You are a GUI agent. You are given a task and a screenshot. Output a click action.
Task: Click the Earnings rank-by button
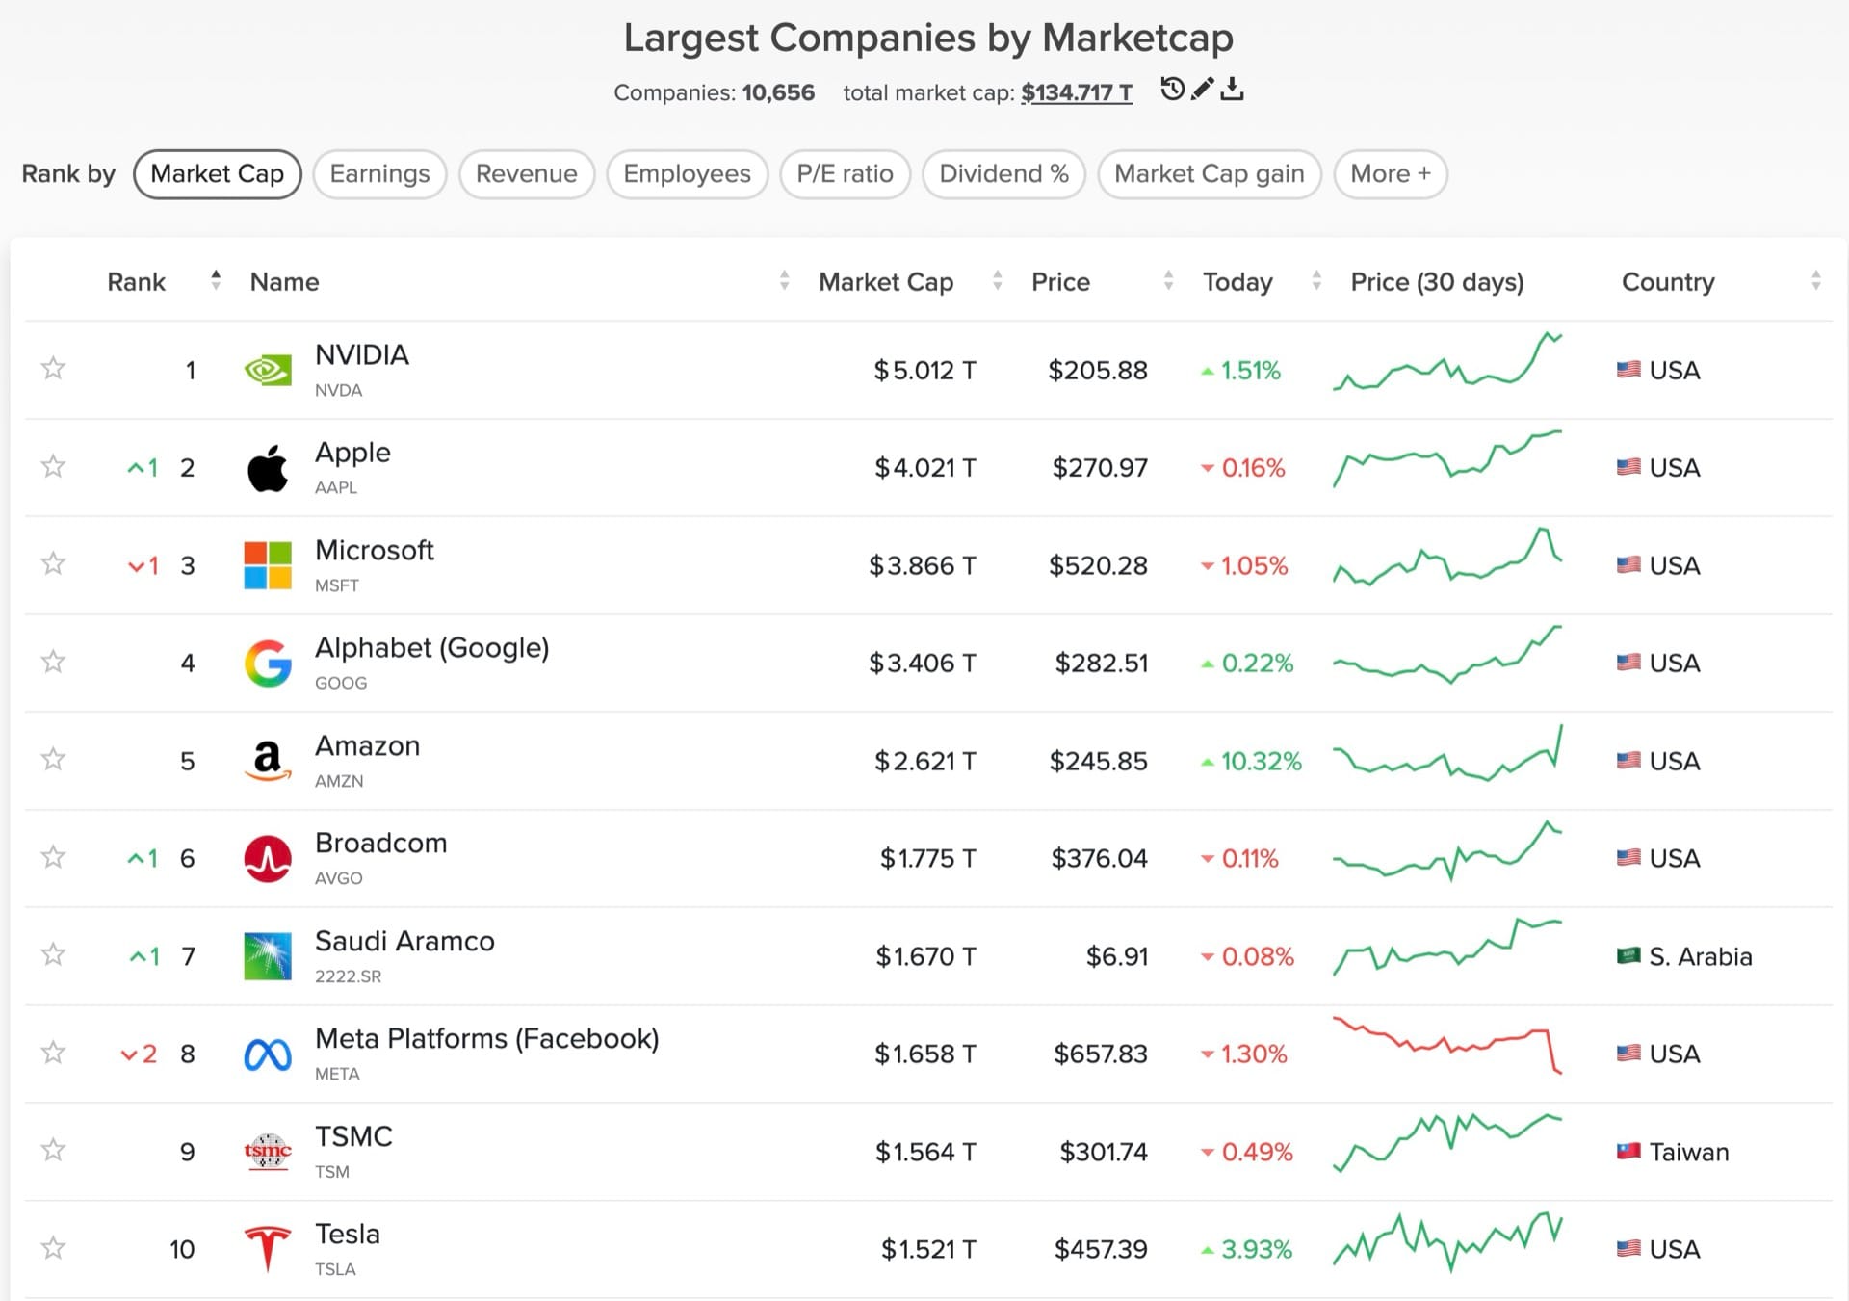coord(379,174)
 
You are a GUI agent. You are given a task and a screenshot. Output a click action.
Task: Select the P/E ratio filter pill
coord(845,174)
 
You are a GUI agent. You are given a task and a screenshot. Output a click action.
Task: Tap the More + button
coord(1390,174)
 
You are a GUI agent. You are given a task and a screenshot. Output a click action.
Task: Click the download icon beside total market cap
coord(1232,90)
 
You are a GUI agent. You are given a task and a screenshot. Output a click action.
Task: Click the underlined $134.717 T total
coord(1076,92)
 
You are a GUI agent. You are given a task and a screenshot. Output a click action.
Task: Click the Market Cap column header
coord(886,282)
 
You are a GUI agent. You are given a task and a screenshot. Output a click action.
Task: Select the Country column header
coord(1668,282)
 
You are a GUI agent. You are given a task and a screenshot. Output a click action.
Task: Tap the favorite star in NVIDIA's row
coord(53,369)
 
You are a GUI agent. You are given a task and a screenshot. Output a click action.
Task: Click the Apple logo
coord(268,469)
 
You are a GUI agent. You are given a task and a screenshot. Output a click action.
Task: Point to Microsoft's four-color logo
coord(268,565)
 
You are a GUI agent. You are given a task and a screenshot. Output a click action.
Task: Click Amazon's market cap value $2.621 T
coord(924,761)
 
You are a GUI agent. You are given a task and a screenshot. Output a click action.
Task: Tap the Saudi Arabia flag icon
coord(1628,956)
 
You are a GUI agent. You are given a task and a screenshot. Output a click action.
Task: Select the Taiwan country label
coord(1688,1152)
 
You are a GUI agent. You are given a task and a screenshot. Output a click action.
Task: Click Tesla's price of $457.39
coord(1101,1249)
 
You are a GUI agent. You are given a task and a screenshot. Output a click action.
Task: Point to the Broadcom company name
coord(381,843)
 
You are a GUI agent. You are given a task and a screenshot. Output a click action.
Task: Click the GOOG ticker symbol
coord(341,683)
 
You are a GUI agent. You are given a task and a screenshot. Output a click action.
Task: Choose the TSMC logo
coord(268,1151)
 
